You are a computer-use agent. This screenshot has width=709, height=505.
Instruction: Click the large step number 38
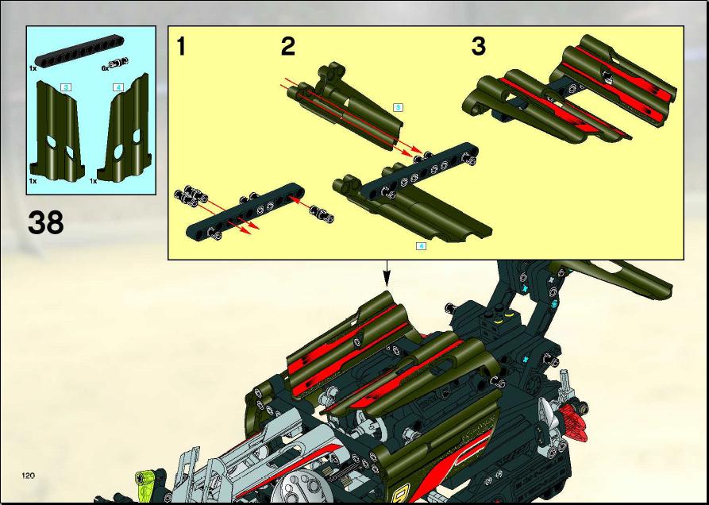[46, 222]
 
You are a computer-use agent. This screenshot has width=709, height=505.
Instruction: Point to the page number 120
[28, 475]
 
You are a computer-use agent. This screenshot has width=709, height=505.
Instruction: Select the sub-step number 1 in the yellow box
[181, 47]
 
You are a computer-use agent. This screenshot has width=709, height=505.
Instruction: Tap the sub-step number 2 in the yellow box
[288, 47]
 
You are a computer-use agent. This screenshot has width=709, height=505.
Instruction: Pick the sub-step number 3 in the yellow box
[479, 47]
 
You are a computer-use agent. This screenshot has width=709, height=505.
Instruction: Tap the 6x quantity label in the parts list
[105, 68]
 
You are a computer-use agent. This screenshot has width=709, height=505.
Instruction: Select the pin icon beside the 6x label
[118, 63]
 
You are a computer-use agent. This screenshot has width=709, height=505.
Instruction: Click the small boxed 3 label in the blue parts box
[66, 87]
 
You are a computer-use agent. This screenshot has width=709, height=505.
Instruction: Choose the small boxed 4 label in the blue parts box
[118, 87]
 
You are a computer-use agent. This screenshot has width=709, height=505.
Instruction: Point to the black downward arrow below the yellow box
[387, 273]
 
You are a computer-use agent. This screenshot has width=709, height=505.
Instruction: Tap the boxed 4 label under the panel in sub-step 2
[421, 246]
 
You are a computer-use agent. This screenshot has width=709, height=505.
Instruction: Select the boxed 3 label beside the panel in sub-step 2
[398, 107]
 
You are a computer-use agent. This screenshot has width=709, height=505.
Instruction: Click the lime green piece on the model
[146, 480]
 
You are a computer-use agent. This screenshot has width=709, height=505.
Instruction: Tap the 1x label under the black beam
[33, 67]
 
